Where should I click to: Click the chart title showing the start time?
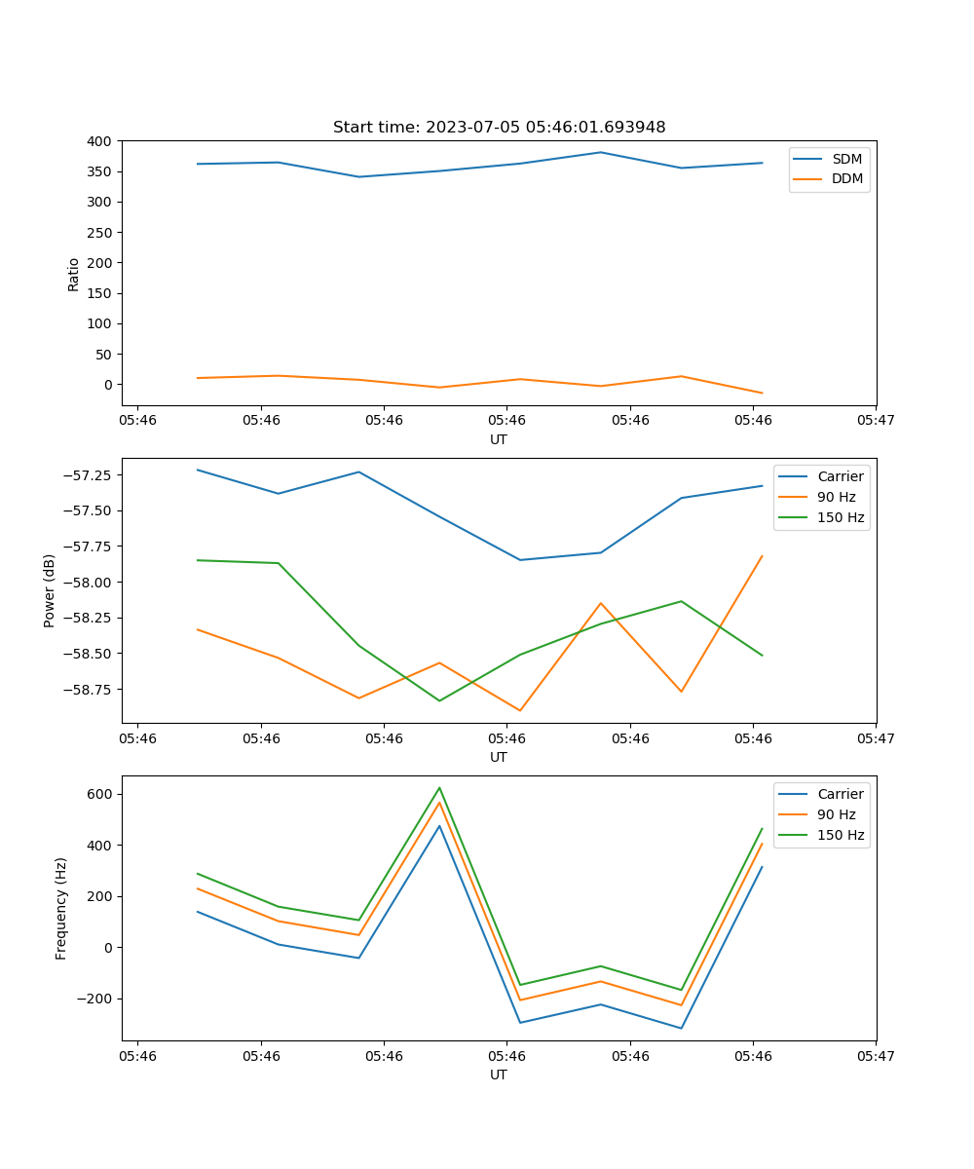(x=499, y=128)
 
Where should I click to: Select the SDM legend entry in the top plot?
(x=846, y=159)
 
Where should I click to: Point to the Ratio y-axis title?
(x=74, y=274)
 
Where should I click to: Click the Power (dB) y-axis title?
(x=50, y=590)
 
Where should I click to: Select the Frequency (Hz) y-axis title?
(x=61, y=908)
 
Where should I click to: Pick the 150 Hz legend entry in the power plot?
(x=841, y=517)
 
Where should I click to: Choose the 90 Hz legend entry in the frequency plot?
(x=837, y=814)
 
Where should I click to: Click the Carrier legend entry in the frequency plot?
(x=840, y=794)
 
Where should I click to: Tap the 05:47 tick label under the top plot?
(x=875, y=421)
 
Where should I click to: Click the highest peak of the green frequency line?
(x=439, y=787)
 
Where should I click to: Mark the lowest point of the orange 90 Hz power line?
(x=520, y=710)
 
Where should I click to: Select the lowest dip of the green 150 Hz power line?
(x=439, y=700)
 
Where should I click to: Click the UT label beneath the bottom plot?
(x=499, y=1075)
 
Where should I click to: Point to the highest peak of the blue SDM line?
(x=601, y=152)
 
